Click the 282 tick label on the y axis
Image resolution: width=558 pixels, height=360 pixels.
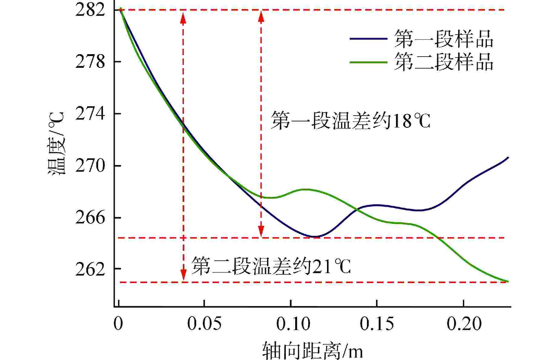pyautogui.click(x=90, y=10)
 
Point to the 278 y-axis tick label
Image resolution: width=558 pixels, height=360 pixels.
pyautogui.click(x=90, y=62)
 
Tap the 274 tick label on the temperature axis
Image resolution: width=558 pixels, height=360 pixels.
pyautogui.click(x=90, y=114)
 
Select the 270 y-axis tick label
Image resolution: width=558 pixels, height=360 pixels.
pyautogui.click(x=90, y=166)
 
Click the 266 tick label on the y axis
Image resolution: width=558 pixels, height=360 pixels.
pyautogui.click(x=90, y=218)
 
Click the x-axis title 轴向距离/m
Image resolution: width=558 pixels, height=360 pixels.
pyautogui.click(x=312, y=350)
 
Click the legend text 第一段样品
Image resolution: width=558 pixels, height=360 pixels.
pyautogui.click(x=444, y=39)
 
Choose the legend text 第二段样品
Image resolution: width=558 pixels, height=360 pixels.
pyautogui.click(x=444, y=62)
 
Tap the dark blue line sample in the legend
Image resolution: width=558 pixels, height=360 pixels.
pyautogui.click(x=368, y=39)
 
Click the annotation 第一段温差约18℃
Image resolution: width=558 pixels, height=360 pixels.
pyautogui.click(x=350, y=121)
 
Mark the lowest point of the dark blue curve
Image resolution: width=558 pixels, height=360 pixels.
pyautogui.click(x=314, y=236)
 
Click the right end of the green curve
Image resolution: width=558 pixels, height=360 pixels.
pyautogui.click(x=508, y=281)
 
